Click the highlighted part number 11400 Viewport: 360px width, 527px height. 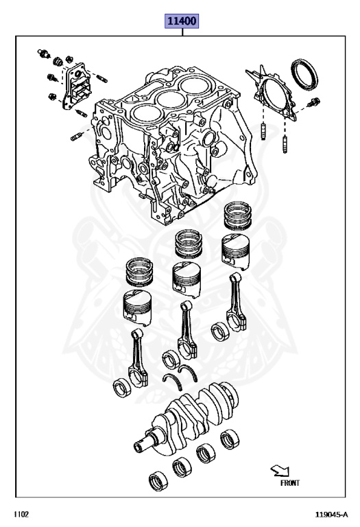pos(181,21)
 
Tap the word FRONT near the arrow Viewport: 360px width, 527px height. pos(290,483)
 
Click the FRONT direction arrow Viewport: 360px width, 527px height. pos(280,471)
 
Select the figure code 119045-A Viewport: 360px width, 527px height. pos(331,514)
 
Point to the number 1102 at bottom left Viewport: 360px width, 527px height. pos(21,514)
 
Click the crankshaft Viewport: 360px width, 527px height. pos(187,416)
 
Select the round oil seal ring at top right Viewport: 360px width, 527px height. pos(304,75)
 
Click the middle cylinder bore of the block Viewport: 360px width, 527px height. pos(169,99)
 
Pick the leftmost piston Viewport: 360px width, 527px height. pos(138,307)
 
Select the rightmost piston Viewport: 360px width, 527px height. pos(236,251)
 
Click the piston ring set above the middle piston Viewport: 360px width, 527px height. pos(189,243)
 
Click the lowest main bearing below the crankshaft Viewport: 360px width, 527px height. pos(158,481)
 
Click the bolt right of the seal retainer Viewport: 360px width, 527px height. pos(313,102)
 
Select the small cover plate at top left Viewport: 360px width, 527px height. pos(76,86)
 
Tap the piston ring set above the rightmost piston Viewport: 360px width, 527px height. pos(238,215)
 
